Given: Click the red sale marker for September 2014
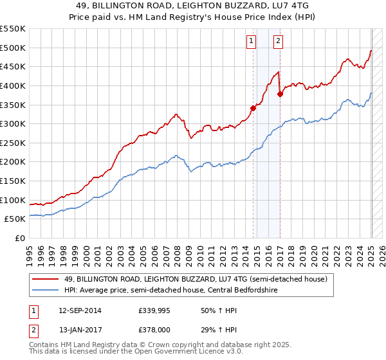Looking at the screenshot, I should pos(253,108).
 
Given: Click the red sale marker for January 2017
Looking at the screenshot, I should pos(280,94).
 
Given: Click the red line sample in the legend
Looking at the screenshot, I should pos(46,279).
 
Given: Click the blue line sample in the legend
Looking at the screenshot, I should pos(46,291).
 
